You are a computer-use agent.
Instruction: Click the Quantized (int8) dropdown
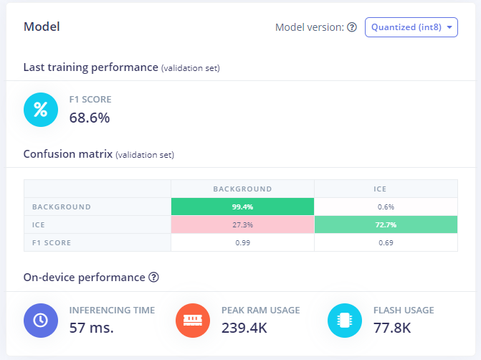(x=411, y=27)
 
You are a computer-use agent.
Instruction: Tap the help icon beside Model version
(x=352, y=27)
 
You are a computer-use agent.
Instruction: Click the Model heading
(x=42, y=27)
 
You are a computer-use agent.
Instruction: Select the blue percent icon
(x=41, y=110)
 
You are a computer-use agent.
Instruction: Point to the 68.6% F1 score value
(x=90, y=118)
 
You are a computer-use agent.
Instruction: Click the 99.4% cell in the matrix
(x=242, y=207)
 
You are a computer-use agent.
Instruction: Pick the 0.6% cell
(x=386, y=207)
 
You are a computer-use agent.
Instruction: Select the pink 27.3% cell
(x=242, y=224)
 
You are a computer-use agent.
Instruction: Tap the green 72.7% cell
(x=386, y=224)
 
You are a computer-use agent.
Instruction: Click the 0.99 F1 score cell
(x=242, y=242)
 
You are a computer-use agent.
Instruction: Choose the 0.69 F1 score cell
(x=386, y=242)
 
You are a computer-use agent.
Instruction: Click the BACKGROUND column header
(x=242, y=189)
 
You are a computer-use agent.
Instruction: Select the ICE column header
(x=386, y=189)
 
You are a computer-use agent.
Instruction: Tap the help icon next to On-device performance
(x=153, y=277)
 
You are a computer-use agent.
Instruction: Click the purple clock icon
(x=41, y=321)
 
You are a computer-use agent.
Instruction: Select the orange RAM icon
(x=193, y=321)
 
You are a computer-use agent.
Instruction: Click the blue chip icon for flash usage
(x=345, y=321)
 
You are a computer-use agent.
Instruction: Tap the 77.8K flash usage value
(x=392, y=328)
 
